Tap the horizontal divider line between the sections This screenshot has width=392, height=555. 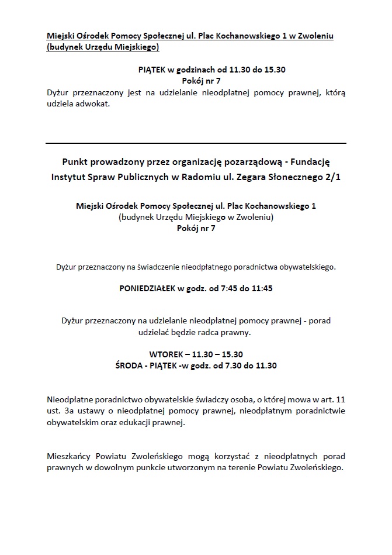(196, 143)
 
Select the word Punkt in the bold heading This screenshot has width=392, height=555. (74, 161)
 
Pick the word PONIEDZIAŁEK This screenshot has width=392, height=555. (147, 288)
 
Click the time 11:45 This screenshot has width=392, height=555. (262, 288)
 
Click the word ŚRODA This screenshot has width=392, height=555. (129, 366)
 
